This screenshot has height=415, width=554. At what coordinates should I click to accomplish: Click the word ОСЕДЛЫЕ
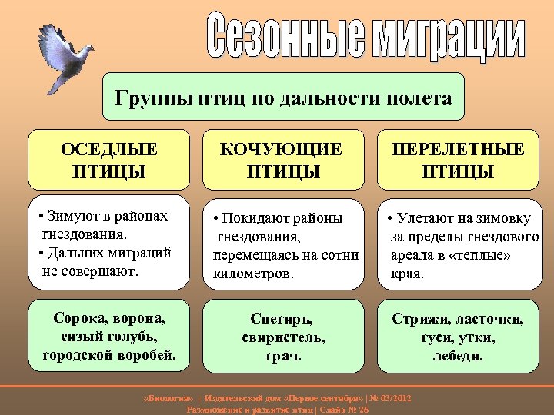tap(108, 148)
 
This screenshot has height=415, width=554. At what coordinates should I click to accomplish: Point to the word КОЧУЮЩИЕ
tap(282, 148)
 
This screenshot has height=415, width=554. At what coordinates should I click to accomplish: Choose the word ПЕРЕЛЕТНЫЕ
tap(458, 148)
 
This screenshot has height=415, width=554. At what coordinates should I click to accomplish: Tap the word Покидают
tap(248, 217)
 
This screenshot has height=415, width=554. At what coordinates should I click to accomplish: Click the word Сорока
tap(78, 317)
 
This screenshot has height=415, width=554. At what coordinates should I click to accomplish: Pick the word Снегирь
tap(282, 317)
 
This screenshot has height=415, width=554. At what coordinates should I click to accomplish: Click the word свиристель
tap(283, 337)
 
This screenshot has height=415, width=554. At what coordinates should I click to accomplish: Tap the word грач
tap(282, 356)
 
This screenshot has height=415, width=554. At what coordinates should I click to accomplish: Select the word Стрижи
tap(421, 317)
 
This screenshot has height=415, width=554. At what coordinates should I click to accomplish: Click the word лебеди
tap(458, 356)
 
